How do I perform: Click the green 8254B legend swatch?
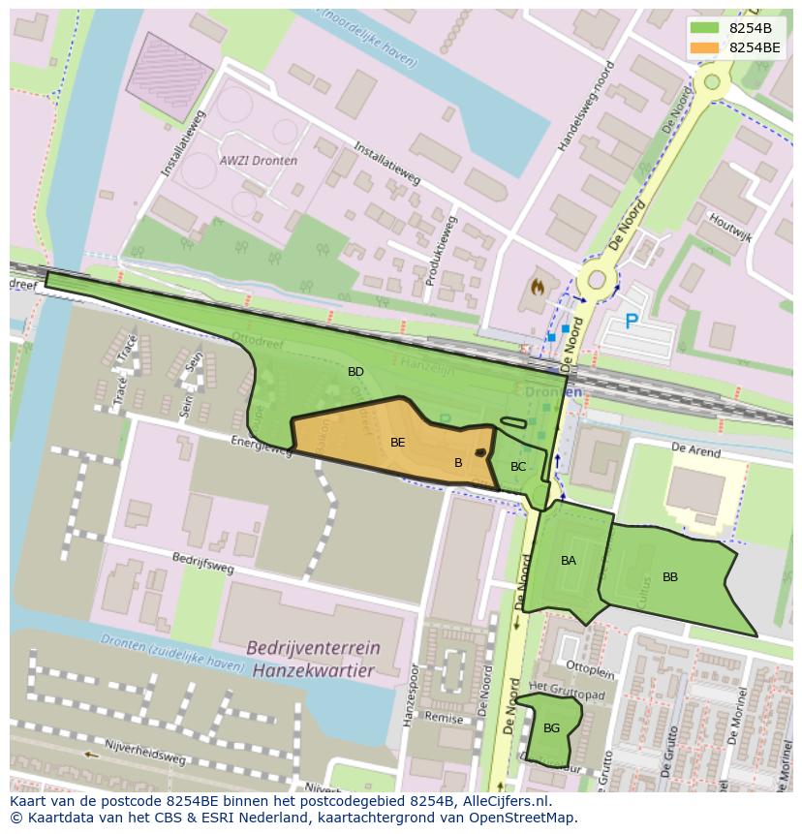point(706,28)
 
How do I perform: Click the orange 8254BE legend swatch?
point(706,47)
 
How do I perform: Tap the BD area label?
point(355,372)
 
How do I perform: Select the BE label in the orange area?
point(397,443)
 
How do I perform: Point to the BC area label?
point(518,467)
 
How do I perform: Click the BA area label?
point(569,561)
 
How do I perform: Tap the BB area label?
point(670,577)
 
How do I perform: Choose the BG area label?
point(551,728)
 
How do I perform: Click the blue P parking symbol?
point(632,322)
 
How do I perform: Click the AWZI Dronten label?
point(259,161)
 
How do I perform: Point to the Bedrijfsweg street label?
point(203,564)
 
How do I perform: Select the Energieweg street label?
point(262,445)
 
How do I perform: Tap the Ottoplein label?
point(591,668)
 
